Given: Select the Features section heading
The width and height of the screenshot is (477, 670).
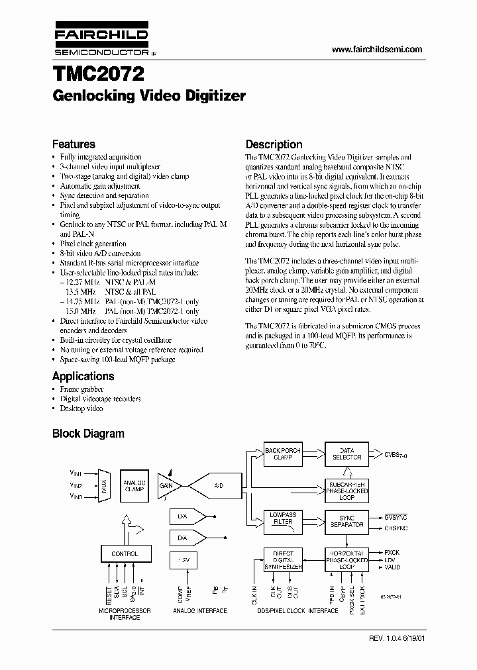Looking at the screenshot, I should (74, 144).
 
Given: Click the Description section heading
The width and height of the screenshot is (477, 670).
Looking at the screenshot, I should (274, 144).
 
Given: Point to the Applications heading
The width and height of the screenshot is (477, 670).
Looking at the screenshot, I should (83, 376).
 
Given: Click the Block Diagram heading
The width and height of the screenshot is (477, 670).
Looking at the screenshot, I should (88, 434).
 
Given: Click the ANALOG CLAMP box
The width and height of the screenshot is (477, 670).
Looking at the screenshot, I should (134, 485).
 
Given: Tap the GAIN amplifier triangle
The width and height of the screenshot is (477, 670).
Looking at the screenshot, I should (168, 485).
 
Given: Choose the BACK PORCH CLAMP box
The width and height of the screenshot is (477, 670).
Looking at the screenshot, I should (282, 454).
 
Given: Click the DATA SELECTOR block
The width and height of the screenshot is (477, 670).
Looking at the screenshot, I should (346, 454).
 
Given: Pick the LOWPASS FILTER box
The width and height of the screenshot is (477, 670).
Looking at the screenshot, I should (282, 518).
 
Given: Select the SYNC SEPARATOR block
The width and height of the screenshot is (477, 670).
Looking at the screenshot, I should (346, 521).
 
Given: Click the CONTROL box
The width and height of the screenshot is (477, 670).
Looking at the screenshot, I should (125, 553).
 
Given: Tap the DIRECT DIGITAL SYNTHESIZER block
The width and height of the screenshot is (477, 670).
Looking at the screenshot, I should (283, 559).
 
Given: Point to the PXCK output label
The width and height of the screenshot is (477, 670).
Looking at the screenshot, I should (392, 552).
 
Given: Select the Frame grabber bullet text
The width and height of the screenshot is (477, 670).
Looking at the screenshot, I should (82, 389).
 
